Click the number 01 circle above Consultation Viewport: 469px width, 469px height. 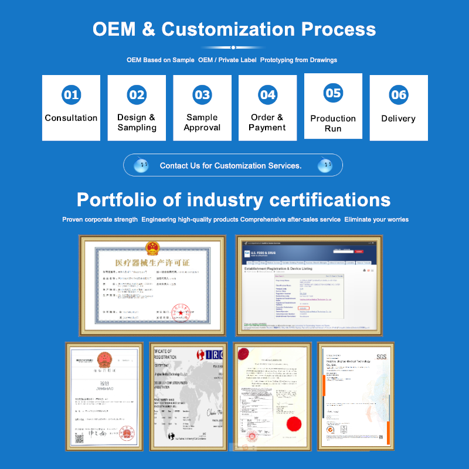coord(71,95)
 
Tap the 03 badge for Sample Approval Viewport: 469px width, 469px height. coord(202,95)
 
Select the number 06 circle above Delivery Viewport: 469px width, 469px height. coord(398,95)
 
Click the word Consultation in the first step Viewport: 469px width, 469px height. coord(71,118)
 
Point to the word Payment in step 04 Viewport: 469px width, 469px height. coord(267,128)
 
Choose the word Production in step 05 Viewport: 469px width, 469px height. coord(333,118)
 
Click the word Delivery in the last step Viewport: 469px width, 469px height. coord(398,118)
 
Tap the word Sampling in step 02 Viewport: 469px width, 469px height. coord(137,128)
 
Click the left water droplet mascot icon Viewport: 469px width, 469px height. coord(141,165)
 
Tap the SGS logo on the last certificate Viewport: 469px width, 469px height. coord(382,358)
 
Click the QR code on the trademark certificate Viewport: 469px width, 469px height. coord(79,438)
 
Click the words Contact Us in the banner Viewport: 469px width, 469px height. coord(179,166)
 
